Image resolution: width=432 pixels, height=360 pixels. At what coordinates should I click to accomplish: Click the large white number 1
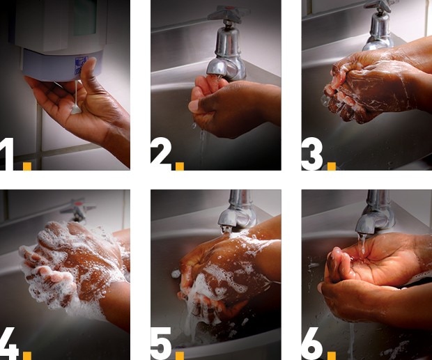(x=6, y=154)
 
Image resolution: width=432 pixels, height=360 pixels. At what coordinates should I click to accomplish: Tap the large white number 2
(x=161, y=154)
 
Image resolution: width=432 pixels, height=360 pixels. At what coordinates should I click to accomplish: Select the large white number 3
(x=312, y=154)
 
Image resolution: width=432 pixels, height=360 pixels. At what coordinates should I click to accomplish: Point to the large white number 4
(x=9, y=343)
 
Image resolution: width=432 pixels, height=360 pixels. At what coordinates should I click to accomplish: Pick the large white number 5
(x=161, y=343)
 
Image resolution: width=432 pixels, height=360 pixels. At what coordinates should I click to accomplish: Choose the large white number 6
(x=312, y=343)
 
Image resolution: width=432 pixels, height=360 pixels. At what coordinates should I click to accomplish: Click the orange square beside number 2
(x=180, y=166)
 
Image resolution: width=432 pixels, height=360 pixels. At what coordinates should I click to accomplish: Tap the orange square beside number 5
(x=180, y=356)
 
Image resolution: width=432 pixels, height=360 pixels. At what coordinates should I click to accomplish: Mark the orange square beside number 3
(x=332, y=166)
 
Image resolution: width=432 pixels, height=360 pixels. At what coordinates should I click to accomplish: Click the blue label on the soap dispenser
(x=82, y=65)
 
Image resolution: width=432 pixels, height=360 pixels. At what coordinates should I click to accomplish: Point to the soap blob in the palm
(x=76, y=109)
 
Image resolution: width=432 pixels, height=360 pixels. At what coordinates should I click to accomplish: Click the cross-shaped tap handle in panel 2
(x=229, y=13)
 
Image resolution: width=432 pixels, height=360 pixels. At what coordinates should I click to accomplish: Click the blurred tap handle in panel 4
(x=78, y=209)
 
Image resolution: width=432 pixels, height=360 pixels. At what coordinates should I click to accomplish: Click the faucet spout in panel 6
(x=375, y=214)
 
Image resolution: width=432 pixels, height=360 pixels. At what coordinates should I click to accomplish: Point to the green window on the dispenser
(x=84, y=17)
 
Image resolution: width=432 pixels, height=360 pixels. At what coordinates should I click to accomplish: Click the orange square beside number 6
(x=332, y=356)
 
